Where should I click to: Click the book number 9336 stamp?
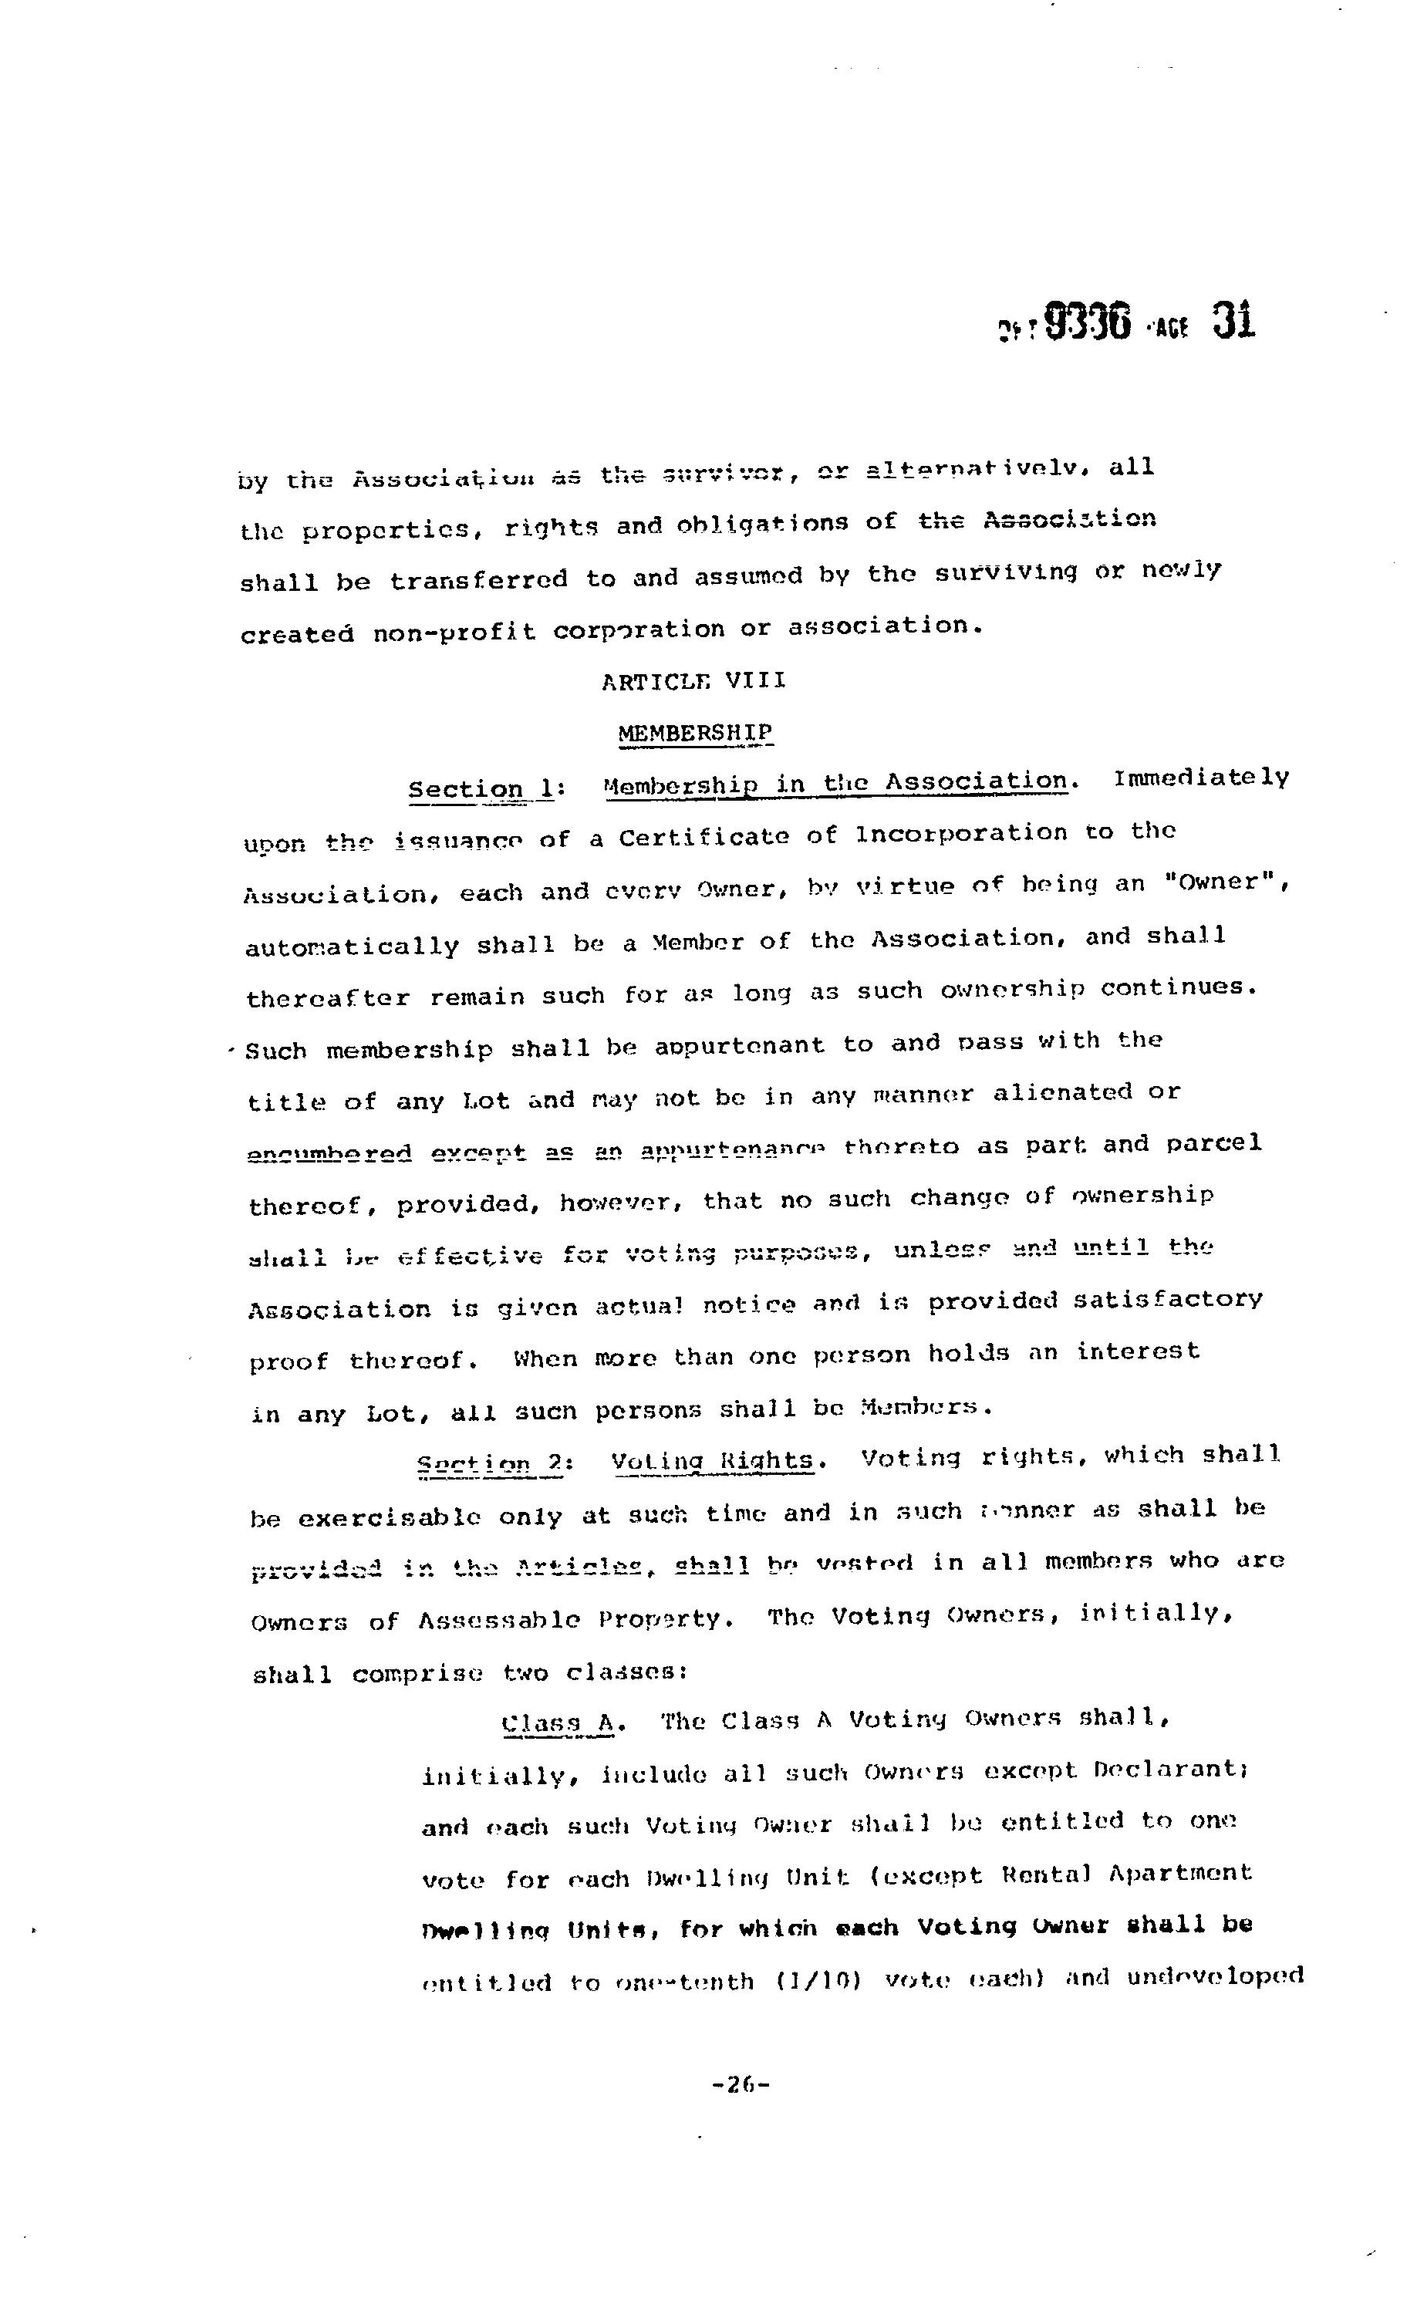pos(1088,322)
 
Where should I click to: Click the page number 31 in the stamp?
pos(1233,320)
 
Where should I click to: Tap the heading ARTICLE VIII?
pos(693,681)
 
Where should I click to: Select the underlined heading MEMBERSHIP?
pos(695,731)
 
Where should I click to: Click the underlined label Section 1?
pos(481,788)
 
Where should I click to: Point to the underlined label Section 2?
pos(489,1463)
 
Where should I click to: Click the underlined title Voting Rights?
pos(713,1461)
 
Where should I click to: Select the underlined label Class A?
pos(558,1722)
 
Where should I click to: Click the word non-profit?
pos(454,633)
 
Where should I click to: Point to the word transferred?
pos(479,580)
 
